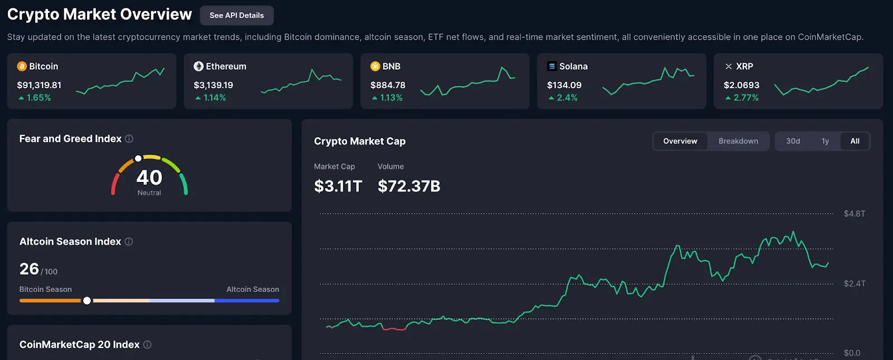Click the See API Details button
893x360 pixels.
237,16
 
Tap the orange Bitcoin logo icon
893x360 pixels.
22,66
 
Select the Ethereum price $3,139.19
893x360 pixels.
213,85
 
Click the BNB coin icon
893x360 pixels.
375,66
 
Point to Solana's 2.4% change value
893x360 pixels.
566,98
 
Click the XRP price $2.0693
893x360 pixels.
741,85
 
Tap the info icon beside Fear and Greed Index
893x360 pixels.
129,139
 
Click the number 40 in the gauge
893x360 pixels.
149,177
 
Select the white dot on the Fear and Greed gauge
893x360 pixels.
138,159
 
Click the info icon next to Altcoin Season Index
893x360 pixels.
129,242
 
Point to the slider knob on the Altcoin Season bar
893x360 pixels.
87,301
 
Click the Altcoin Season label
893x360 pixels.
252,290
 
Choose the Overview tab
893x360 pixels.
680,141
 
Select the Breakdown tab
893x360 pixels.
738,141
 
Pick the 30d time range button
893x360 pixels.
793,141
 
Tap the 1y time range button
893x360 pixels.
825,141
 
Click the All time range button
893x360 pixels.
854,141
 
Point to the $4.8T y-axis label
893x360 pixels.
854,214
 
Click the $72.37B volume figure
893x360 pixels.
409,186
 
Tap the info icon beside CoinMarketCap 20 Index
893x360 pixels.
147,345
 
